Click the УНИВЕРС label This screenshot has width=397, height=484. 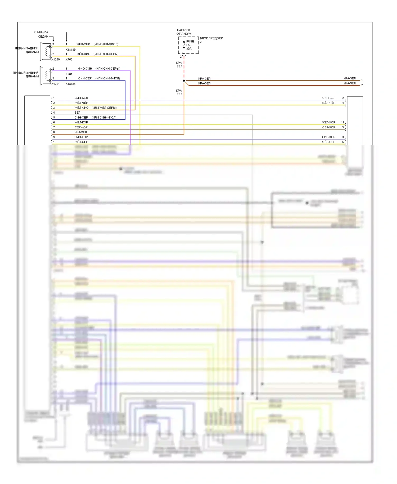tap(41, 32)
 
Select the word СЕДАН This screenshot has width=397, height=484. tap(43, 37)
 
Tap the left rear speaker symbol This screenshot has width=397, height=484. tap(46, 51)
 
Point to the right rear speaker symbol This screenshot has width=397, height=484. tap(46, 76)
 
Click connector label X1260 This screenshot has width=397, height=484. tap(56, 60)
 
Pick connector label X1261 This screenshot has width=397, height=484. tap(56, 84)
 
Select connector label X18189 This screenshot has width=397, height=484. tap(71, 50)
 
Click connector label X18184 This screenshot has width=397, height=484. tap(71, 84)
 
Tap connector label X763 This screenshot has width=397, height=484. tap(69, 60)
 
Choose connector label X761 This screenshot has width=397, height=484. tap(69, 74)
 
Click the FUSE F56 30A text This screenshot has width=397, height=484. tap(190, 45)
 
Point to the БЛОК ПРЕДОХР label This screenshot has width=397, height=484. tap(211, 38)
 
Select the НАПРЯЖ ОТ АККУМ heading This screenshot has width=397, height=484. tap(184, 32)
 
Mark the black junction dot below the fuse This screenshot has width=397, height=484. tap(184, 80)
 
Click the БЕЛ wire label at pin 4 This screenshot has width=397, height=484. tap(78, 113)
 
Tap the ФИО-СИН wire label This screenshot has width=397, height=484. tap(85, 69)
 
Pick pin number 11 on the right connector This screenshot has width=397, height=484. tap(342, 122)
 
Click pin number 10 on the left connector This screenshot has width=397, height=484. tap(55, 142)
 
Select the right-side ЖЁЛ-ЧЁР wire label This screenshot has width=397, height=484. tap(328, 103)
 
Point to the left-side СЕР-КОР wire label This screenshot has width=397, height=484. tap(81, 127)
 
